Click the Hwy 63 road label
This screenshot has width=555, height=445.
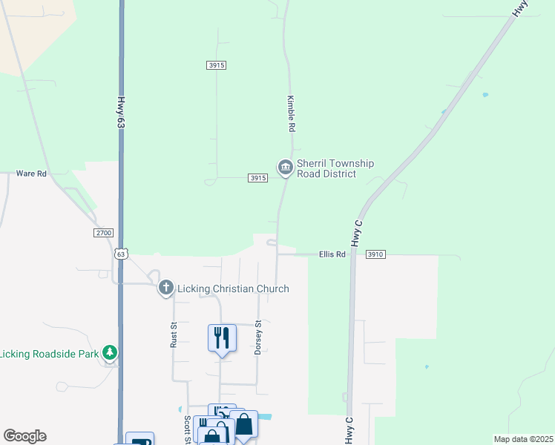pyautogui.click(x=120, y=113)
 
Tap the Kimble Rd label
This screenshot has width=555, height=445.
pyautogui.click(x=292, y=113)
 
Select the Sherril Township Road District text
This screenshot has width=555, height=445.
pyautogui.click(x=335, y=168)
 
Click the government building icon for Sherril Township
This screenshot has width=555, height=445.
pyautogui.click(x=285, y=168)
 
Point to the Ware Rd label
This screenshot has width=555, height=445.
pyautogui.click(x=32, y=174)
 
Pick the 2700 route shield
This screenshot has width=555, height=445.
pyautogui.click(x=104, y=233)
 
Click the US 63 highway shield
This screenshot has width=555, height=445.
pyautogui.click(x=122, y=254)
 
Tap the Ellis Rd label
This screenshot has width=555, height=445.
pyautogui.click(x=332, y=254)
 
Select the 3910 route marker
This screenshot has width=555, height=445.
pyautogui.click(x=375, y=254)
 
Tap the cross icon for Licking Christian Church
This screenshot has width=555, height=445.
pyautogui.click(x=166, y=288)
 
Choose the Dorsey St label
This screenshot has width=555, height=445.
pyautogui.click(x=258, y=337)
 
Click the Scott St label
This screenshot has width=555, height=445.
pyautogui.click(x=187, y=430)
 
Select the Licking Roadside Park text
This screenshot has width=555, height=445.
pyautogui.click(x=49, y=354)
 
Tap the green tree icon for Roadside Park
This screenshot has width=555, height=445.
pyautogui.click(x=110, y=352)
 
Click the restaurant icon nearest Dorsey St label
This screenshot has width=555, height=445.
pyautogui.click(x=222, y=338)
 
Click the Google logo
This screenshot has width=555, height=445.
pyautogui.click(x=24, y=436)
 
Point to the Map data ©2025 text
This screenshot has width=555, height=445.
pyautogui.click(x=524, y=439)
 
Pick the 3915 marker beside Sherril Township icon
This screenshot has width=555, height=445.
pyautogui.click(x=257, y=178)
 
